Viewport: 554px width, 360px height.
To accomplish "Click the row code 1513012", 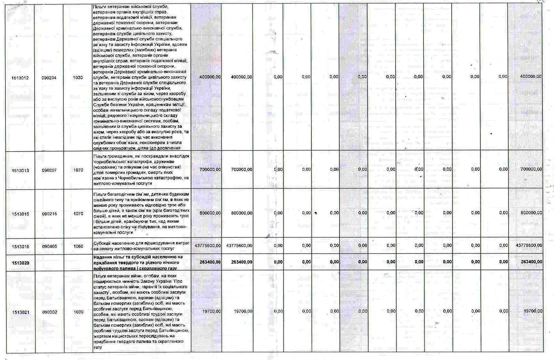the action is pyautogui.click(x=20, y=78).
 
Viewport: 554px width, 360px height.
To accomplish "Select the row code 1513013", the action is pyautogui.click(x=20, y=170).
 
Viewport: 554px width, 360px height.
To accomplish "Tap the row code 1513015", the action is pyautogui.click(x=20, y=214).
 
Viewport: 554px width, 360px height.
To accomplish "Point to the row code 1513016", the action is pyautogui.click(x=20, y=247).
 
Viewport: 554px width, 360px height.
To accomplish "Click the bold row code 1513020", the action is pyautogui.click(x=20, y=263).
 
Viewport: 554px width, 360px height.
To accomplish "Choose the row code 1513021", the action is pyautogui.click(x=20, y=312).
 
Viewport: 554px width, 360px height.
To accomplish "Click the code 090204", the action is pyautogui.click(x=49, y=78).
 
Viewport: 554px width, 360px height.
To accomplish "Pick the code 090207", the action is pyautogui.click(x=49, y=170).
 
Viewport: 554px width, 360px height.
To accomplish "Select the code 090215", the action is pyautogui.click(x=49, y=214).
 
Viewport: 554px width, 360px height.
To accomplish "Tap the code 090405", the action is pyautogui.click(x=49, y=247).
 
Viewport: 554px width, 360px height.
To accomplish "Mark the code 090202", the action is pyautogui.click(x=49, y=312).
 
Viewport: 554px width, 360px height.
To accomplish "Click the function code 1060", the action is pyautogui.click(x=78, y=247).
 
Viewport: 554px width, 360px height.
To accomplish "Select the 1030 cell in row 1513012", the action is pyautogui.click(x=78, y=78).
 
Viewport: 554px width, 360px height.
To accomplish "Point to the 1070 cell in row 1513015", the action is pyautogui.click(x=78, y=214).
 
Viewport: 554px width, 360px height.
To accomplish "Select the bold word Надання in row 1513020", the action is pyautogui.click(x=102, y=257).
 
